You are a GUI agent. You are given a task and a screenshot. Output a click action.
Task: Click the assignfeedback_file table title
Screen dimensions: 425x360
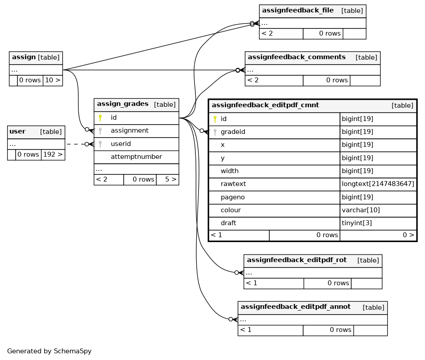[x=298, y=10]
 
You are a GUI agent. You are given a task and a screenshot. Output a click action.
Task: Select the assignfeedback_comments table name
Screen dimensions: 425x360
[x=296, y=57]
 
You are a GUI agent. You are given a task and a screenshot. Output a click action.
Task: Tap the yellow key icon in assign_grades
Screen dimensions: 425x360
[x=100, y=117]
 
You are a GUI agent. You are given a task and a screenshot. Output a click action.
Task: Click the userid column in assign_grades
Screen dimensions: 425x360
[x=121, y=144]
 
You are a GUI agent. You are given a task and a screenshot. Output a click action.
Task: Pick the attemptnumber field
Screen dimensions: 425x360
[x=136, y=157]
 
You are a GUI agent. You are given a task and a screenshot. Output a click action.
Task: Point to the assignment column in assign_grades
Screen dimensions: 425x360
[x=130, y=130]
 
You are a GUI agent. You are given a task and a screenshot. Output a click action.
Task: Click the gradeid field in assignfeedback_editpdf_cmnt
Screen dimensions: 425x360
[x=233, y=132]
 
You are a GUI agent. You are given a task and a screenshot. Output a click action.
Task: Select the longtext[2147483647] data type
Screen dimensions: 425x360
[x=378, y=184]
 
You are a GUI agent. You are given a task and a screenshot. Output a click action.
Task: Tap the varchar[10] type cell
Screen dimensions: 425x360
[x=361, y=210]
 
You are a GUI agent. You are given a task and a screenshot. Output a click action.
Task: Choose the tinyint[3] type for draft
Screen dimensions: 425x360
[x=357, y=223]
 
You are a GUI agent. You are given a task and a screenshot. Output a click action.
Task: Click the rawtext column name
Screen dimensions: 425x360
[x=233, y=184]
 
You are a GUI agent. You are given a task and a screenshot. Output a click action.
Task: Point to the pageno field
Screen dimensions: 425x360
[x=233, y=197]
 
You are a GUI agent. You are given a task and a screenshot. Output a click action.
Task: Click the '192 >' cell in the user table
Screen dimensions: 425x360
[x=53, y=154]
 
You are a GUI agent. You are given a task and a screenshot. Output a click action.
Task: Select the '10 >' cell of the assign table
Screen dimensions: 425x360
[x=53, y=80]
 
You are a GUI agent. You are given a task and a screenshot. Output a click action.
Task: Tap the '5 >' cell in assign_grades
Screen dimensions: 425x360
[x=167, y=179]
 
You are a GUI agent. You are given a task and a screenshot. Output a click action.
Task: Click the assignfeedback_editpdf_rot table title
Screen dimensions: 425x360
[x=296, y=260]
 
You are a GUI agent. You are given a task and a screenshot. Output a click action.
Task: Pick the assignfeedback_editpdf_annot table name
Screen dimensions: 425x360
[x=295, y=307]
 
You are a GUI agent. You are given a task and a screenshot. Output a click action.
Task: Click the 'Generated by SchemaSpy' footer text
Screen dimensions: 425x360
[x=49, y=351]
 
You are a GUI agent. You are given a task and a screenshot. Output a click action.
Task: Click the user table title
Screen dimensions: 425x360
[x=17, y=131]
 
